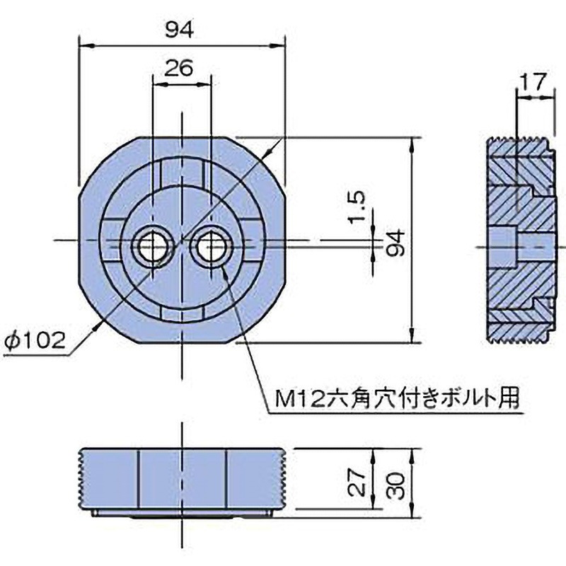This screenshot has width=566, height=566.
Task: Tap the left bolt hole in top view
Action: pyautogui.click(x=151, y=246)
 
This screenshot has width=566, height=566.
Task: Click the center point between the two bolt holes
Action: pyautogui.click(x=181, y=241)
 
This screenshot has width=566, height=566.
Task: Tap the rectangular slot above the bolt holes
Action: pyautogui.click(x=182, y=170)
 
